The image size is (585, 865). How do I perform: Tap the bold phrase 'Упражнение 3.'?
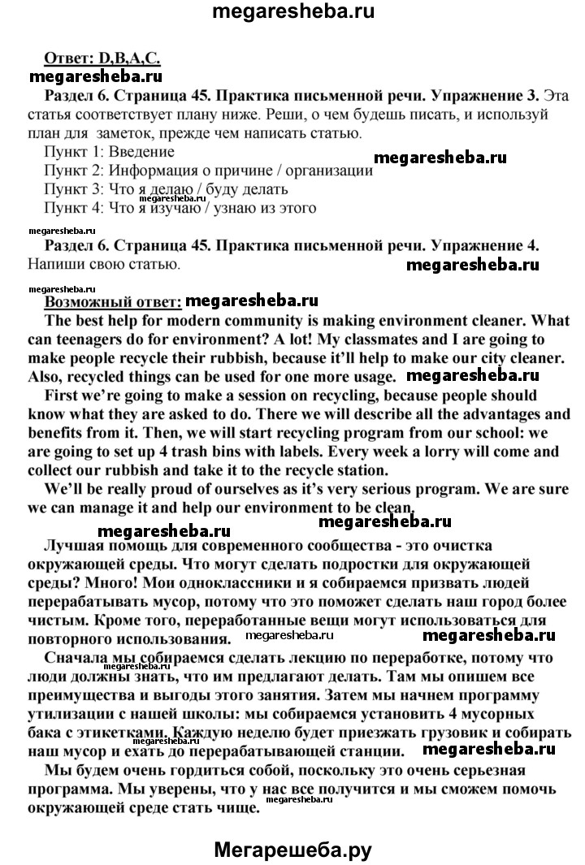(486, 96)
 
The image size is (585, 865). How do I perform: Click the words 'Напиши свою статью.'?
(102, 264)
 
